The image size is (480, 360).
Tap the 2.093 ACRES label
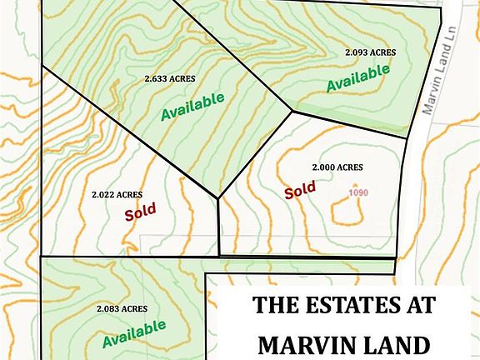(x=370, y=52)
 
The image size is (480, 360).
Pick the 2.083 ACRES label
(x=122, y=308)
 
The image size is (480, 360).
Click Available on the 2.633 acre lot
(x=192, y=106)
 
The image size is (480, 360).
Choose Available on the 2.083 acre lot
(x=134, y=333)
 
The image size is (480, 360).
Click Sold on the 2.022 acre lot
(x=141, y=212)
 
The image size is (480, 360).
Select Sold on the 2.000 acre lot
(x=300, y=190)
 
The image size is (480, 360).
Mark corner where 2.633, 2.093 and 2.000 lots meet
(x=292, y=110)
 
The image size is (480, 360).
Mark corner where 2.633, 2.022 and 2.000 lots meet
(x=218, y=198)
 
